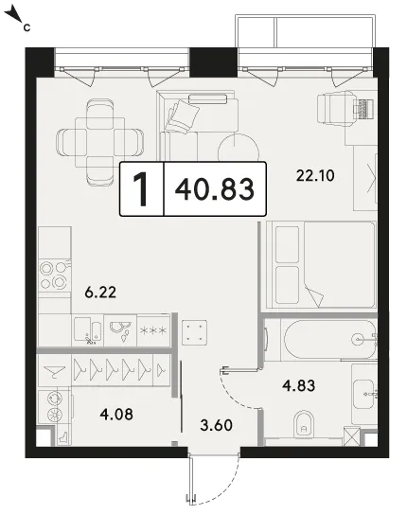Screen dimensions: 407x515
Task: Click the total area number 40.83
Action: tap(215, 188)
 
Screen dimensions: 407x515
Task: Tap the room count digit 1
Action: tap(141, 189)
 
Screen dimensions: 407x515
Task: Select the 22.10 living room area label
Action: tap(315, 175)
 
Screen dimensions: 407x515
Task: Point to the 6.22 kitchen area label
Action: tap(100, 292)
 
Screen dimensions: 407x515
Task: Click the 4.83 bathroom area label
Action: tap(298, 385)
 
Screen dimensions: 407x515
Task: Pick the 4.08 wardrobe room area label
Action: tap(116, 414)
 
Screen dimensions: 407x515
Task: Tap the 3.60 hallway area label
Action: tap(216, 425)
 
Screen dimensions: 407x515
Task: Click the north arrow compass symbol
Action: tap(14, 16)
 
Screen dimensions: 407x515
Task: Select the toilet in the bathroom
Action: tap(304, 424)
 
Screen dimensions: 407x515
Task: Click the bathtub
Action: tap(329, 339)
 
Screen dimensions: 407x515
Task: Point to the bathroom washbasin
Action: tap(363, 394)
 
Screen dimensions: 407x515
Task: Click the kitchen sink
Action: tap(87, 329)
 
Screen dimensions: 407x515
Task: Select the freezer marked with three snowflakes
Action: tap(153, 330)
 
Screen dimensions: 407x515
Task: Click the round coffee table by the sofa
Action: tap(239, 151)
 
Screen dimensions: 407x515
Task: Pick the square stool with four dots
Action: tap(194, 332)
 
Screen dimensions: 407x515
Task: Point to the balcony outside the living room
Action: tap(305, 32)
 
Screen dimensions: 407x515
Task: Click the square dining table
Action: tap(100, 143)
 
